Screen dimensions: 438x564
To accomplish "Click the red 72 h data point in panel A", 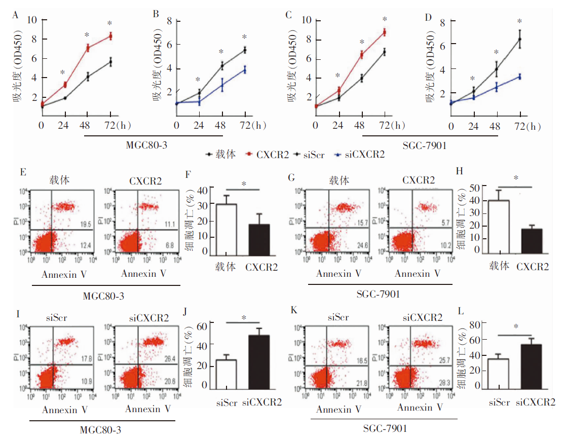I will (110, 36).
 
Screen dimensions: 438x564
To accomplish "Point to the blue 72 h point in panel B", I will (245, 70).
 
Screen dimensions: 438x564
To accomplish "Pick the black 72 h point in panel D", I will (519, 39).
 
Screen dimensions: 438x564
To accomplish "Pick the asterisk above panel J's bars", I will (244, 318).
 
